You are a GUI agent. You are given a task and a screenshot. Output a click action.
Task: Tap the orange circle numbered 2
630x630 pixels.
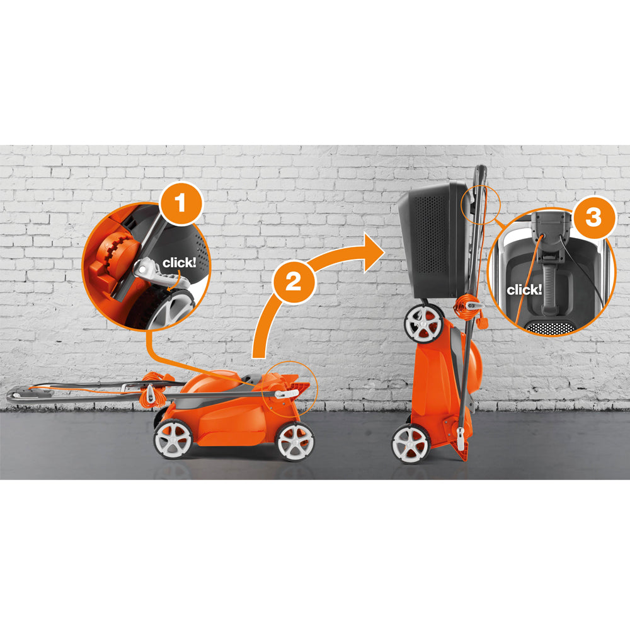click(x=294, y=282)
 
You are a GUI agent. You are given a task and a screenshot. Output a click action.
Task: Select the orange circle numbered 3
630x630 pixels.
click(x=593, y=218)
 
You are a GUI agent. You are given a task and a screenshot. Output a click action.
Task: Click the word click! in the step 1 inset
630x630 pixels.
click(x=180, y=263)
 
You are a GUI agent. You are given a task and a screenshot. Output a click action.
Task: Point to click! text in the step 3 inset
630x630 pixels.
click(x=524, y=290)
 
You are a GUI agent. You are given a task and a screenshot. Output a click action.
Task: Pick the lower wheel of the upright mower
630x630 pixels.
click(x=410, y=443)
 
